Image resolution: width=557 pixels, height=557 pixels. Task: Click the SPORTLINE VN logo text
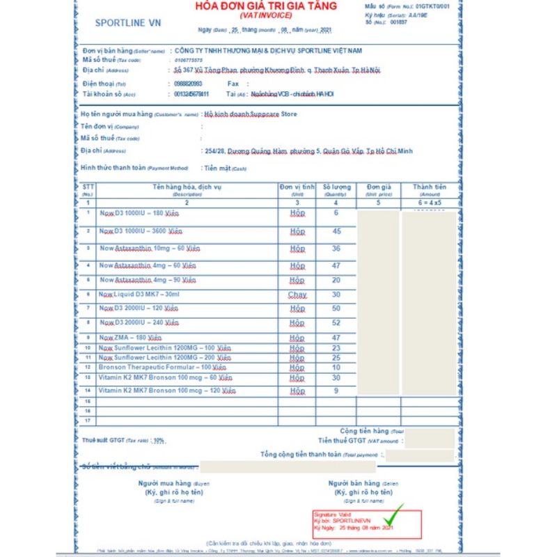point(127,23)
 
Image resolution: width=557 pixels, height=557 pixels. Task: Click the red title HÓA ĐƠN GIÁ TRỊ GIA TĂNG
point(267,6)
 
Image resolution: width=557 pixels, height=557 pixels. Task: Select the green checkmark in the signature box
point(394,517)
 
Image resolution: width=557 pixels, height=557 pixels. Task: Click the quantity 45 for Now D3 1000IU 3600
point(337,231)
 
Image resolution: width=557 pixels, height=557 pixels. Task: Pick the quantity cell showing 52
point(337,323)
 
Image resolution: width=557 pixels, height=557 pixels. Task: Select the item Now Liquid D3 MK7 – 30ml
point(139,295)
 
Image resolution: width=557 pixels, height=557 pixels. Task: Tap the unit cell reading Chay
point(297,295)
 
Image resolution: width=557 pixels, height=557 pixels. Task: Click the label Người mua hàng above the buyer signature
point(164,483)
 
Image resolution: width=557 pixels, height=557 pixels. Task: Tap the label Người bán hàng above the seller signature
point(354,483)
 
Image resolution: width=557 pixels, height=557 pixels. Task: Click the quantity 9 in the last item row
point(337,391)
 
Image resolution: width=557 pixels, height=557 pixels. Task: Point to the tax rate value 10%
point(159,440)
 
